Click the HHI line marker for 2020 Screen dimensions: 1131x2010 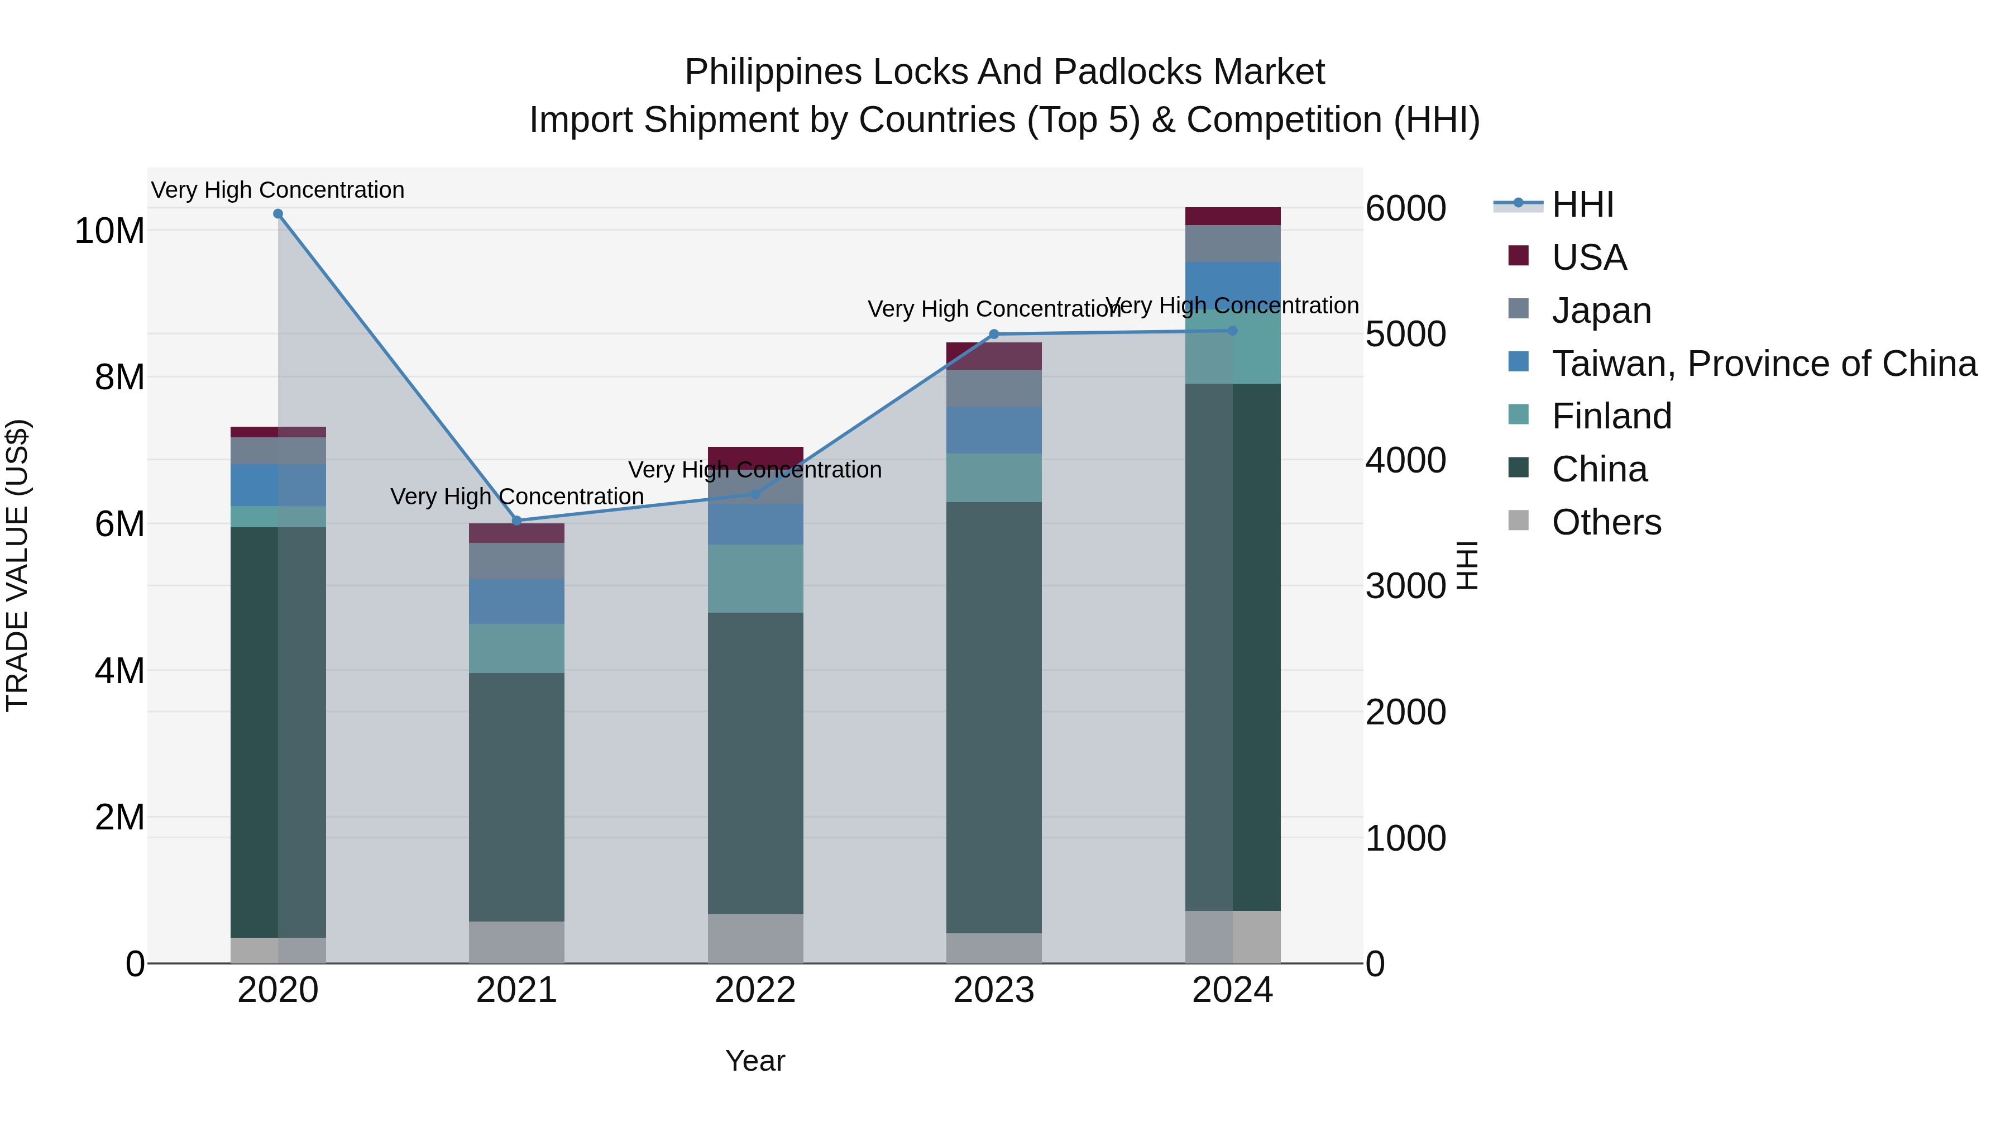pos(278,214)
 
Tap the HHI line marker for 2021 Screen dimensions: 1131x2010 pos(516,521)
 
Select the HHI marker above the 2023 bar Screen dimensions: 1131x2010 pos(993,334)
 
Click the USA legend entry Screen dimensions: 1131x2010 pos(1588,257)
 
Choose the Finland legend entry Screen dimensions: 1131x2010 pos(1611,416)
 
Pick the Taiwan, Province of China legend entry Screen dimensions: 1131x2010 pos(1763,364)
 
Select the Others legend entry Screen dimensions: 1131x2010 pos(1606,522)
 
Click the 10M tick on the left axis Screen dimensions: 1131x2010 pos(109,231)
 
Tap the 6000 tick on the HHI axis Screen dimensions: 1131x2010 pos(1405,208)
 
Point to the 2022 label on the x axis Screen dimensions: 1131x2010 pos(754,990)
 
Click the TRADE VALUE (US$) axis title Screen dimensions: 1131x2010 pos(17,565)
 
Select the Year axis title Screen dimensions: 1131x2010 pos(754,1061)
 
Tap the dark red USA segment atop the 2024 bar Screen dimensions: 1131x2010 pos(1232,216)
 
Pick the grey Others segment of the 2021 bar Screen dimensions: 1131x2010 pos(516,942)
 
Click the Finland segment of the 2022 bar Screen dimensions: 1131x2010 pos(754,579)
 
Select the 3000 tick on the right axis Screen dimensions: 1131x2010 pos(1405,586)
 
